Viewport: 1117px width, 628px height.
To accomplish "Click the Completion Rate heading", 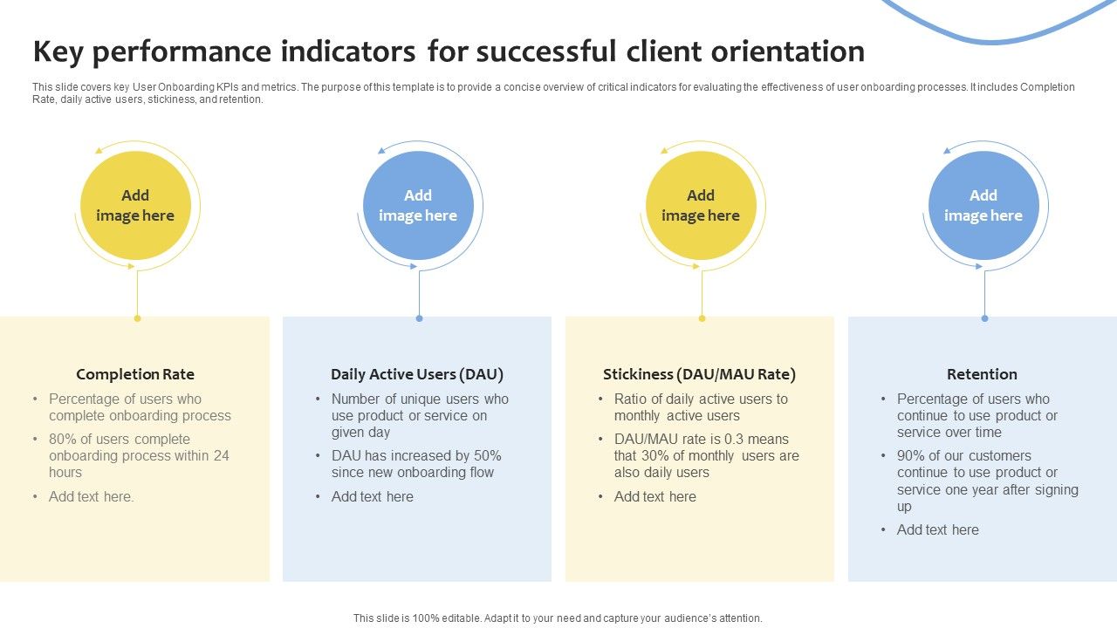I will pos(135,374).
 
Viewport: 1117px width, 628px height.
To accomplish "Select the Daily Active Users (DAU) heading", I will pos(417,374).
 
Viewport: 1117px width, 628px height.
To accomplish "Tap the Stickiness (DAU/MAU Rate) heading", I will pos(699,374).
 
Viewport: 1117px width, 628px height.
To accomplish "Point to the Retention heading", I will pos(982,374).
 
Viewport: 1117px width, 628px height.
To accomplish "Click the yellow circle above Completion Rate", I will pos(135,206).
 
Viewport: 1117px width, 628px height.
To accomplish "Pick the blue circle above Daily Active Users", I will pos(418,206).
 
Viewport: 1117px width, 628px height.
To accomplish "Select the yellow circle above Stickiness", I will pos(701,206).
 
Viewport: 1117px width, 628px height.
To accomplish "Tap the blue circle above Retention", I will pos(983,206).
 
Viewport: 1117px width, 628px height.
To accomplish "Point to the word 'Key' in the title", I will pos(58,51).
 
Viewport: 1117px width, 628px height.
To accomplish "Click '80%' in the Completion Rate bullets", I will pos(63,439).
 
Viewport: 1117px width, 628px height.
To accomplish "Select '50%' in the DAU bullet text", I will pos(485,455).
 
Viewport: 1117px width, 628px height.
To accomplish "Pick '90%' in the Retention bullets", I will pos(911,455).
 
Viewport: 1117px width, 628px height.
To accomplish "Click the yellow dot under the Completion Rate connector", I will pos(137,318).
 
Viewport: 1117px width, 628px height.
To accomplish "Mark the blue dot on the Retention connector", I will pos(984,318).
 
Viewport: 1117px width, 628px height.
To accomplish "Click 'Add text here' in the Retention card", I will pos(937,529).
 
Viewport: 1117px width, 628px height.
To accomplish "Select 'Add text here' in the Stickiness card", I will pos(654,496).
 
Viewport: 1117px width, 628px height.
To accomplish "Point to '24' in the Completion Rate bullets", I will pos(222,455).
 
